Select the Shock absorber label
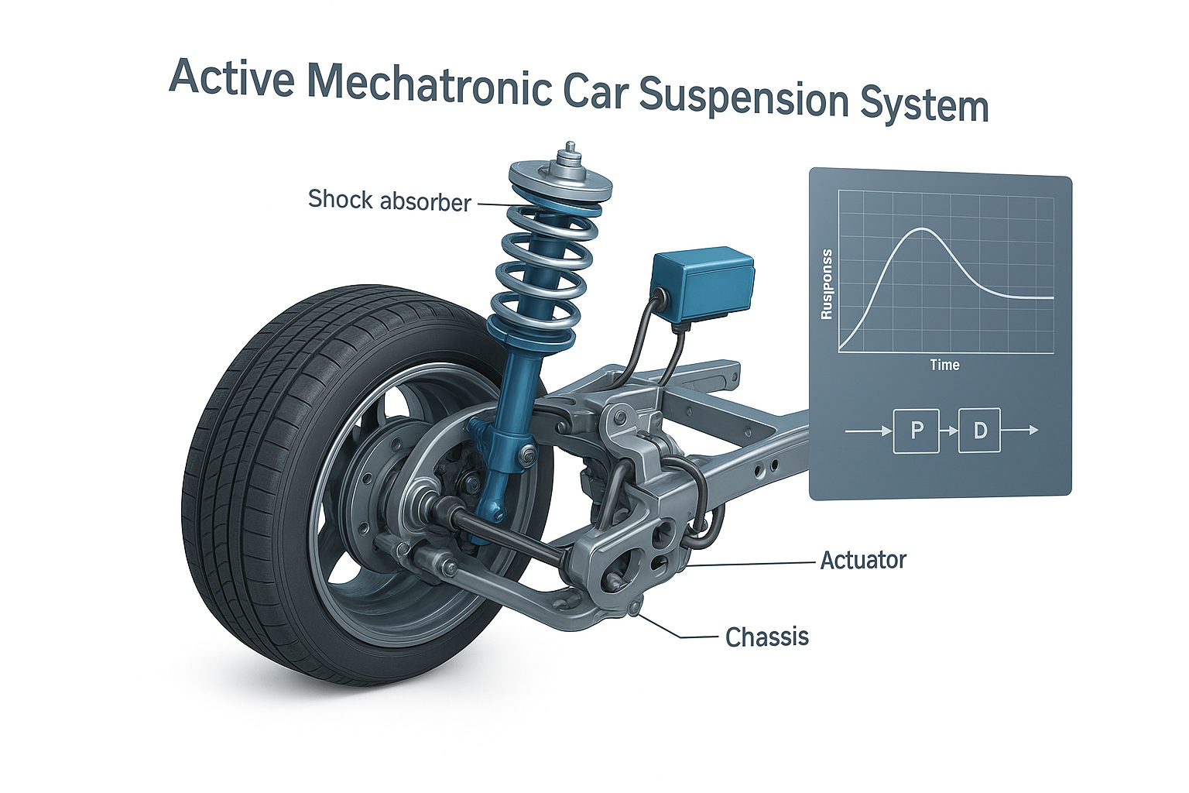click(389, 201)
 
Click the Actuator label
click(863, 560)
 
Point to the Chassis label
click(767, 637)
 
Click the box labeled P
click(917, 430)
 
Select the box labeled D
click(980, 430)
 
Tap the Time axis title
click(944, 365)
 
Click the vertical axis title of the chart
click(827, 284)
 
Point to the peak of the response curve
click(920, 229)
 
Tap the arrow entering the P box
click(869, 430)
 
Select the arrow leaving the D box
click(1020, 430)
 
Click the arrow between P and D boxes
click(948, 430)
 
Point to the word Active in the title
click(231, 77)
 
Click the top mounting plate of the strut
click(560, 182)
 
